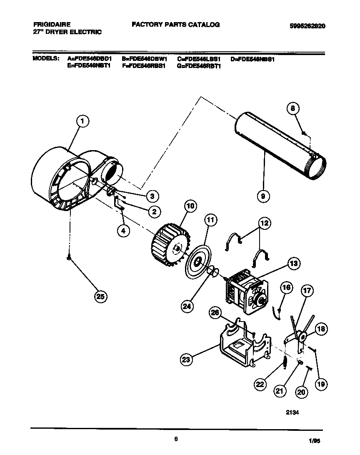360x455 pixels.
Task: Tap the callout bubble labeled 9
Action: pyautogui.click(x=263, y=195)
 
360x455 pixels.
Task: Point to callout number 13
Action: pyautogui.click(x=293, y=264)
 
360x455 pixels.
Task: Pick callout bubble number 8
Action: pyautogui.click(x=293, y=108)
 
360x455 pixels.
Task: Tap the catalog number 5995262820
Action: pyautogui.click(x=307, y=26)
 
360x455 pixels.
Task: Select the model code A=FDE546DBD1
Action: pyautogui.click(x=90, y=59)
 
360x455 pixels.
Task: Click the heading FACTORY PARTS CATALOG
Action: pyautogui.click(x=175, y=25)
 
